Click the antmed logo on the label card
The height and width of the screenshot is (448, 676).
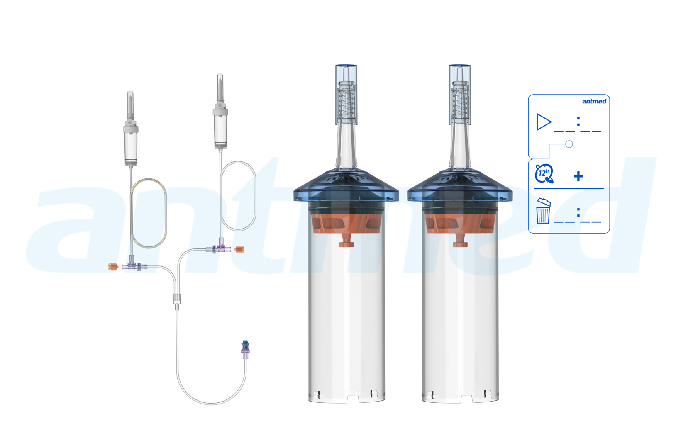click(x=594, y=101)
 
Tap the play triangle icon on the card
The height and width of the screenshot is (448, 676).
click(x=543, y=122)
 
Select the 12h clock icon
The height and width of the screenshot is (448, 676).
click(x=544, y=174)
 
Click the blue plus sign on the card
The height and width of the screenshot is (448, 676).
click(x=578, y=176)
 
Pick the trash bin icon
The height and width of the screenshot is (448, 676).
click(x=543, y=211)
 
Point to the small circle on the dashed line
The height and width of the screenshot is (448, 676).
click(x=569, y=144)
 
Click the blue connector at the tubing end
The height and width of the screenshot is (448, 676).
click(x=245, y=346)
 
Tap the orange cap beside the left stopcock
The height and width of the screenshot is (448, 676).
click(x=113, y=267)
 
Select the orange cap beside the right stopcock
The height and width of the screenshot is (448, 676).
click(x=240, y=249)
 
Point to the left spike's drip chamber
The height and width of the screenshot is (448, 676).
click(x=131, y=147)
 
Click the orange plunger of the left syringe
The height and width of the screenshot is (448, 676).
click(x=346, y=226)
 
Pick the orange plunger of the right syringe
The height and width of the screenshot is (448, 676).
click(x=460, y=226)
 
